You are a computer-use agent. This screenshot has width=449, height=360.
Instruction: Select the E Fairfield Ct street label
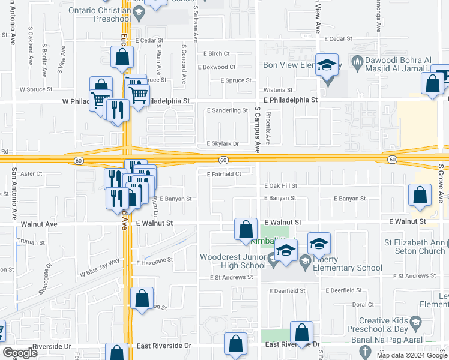click(224, 175)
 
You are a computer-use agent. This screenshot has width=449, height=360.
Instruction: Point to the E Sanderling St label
click(227, 110)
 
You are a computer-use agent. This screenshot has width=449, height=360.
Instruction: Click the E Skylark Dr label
click(223, 144)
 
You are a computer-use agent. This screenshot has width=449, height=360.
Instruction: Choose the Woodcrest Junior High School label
click(233, 261)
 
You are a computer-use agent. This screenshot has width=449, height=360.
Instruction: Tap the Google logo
click(20, 353)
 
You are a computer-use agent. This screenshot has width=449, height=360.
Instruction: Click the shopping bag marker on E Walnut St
click(245, 229)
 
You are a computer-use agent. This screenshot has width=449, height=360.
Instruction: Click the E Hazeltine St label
click(154, 262)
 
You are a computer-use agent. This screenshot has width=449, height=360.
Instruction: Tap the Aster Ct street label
click(31, 174)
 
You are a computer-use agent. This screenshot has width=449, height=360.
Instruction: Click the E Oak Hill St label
click(280, 186)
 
